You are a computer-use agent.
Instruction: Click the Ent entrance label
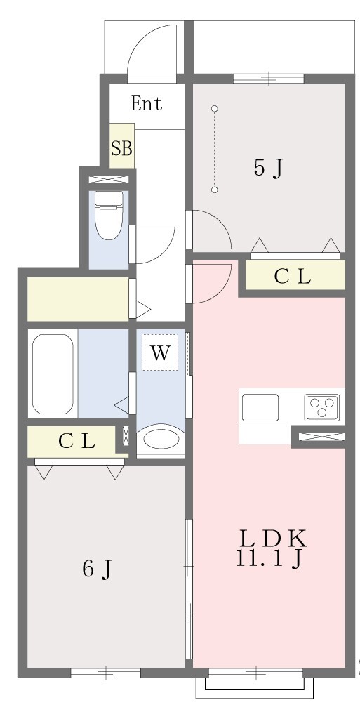click(146, 103)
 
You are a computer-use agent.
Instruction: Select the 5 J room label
click(267, 169)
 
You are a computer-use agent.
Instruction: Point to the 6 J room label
click(97, 569)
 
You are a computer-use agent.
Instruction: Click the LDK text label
click(272, 539)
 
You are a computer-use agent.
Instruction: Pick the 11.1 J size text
click(269, 558)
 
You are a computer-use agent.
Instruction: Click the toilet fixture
click(109, 215)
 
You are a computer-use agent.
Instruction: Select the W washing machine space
click(160, 352)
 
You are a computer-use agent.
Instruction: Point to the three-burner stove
click(322, 407)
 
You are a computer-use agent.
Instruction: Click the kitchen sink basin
click(260, 407)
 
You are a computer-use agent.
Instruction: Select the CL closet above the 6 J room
click(72, 441)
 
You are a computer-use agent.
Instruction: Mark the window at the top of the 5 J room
click(268, 79)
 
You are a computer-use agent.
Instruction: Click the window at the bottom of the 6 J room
click(105, 673)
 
